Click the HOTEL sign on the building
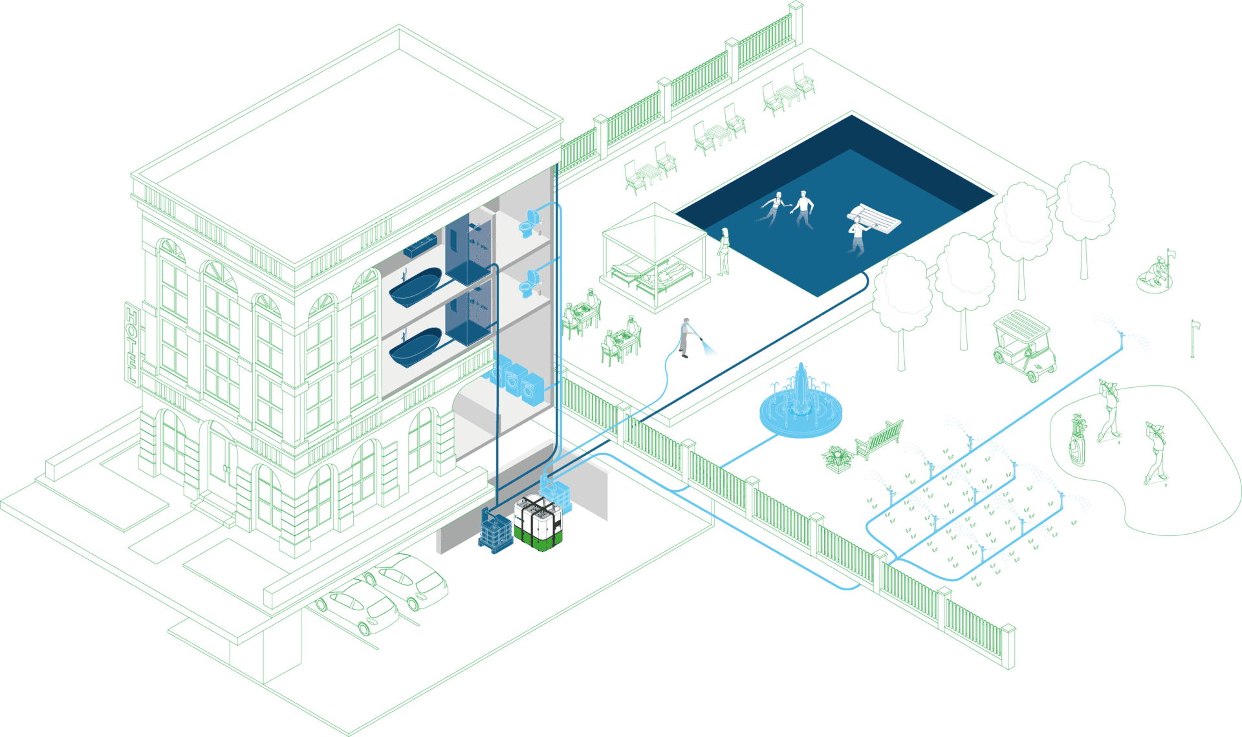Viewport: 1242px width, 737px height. (x=132, y=343)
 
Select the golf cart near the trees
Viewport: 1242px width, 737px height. (x=1024, y=345)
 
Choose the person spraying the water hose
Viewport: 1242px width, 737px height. (x=686, y=337)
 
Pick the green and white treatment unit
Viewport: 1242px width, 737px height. (x=538, y=523)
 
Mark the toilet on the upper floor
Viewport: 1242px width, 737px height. (x=529, y=223)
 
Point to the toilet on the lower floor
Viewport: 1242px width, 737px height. (x=529, y=284)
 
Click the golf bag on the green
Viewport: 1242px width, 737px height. (x=1078, y=440)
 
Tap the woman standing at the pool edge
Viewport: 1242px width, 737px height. (x=724, y=251)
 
